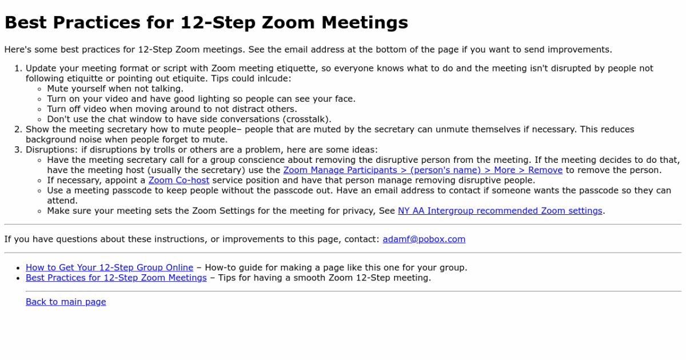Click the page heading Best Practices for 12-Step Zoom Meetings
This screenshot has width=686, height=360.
(206, 23)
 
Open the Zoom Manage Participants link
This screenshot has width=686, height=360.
(422, 170)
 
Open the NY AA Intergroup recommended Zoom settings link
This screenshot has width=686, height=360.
(500, 211)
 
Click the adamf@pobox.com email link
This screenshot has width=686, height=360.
(424, 239)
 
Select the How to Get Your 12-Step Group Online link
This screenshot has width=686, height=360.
(109, 267)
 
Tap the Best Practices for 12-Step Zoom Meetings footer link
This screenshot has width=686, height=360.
(116, 278)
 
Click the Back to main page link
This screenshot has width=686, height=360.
(66, 302)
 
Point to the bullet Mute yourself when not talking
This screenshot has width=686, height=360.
(115, 89)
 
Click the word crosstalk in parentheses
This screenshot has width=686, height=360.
(306, 119)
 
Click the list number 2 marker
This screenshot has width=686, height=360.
(18, 130)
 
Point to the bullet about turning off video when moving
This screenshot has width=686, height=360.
(171, 109)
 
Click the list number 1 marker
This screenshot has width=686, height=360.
(18, 69)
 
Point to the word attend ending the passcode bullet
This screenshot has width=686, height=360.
(62, 201)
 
